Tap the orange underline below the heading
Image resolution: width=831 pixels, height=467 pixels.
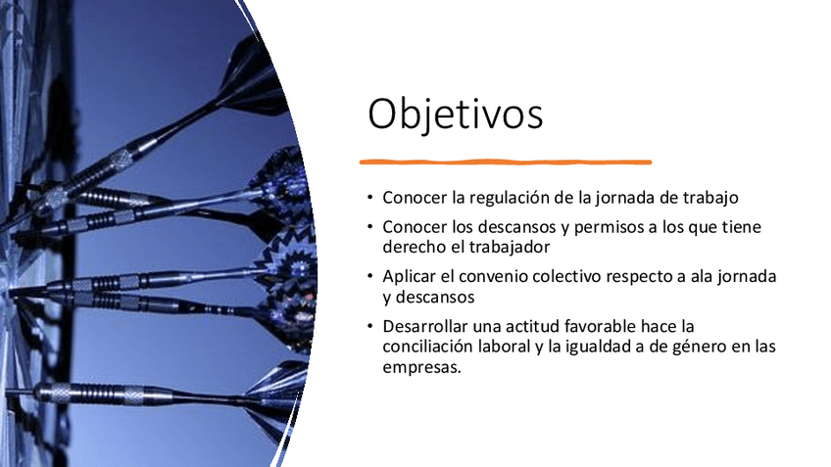[x=506, y=162]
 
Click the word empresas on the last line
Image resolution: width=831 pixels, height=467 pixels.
[x=421, y=367]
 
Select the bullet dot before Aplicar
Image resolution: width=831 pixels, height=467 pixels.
[x=370, y=276]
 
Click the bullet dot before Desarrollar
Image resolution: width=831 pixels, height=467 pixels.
[x=370, y=325]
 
